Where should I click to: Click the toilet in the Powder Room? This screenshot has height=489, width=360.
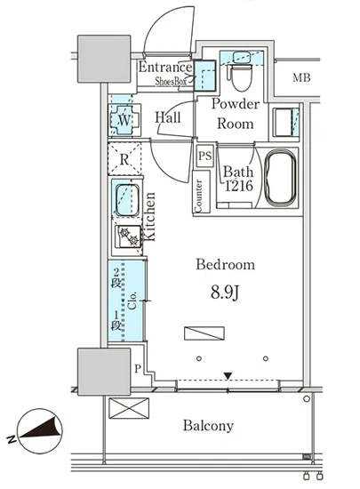239,76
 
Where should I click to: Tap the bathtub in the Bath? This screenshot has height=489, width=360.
280,178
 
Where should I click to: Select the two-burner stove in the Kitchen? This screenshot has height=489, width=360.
128,236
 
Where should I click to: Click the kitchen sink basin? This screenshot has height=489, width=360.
127,200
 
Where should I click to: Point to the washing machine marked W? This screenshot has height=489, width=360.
124,120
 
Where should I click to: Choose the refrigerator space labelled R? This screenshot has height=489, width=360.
124,159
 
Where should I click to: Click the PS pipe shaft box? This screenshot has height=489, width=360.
204,156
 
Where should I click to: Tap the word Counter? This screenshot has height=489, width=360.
198,196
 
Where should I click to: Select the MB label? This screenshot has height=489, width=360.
301,77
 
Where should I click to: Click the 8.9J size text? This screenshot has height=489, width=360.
224,293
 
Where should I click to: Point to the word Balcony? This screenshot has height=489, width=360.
208,426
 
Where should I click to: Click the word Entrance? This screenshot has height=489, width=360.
165,67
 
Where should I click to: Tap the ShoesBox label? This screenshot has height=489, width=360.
171,82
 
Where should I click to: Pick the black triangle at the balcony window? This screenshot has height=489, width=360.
228,376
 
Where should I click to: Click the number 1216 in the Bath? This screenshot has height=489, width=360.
239,186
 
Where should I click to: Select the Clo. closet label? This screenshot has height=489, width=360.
132,301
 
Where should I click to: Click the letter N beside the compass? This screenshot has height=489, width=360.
12,439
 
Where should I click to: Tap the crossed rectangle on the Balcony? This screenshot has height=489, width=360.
129,408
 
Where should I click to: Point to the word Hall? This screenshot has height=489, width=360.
168,117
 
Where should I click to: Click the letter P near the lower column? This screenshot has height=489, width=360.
138,369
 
